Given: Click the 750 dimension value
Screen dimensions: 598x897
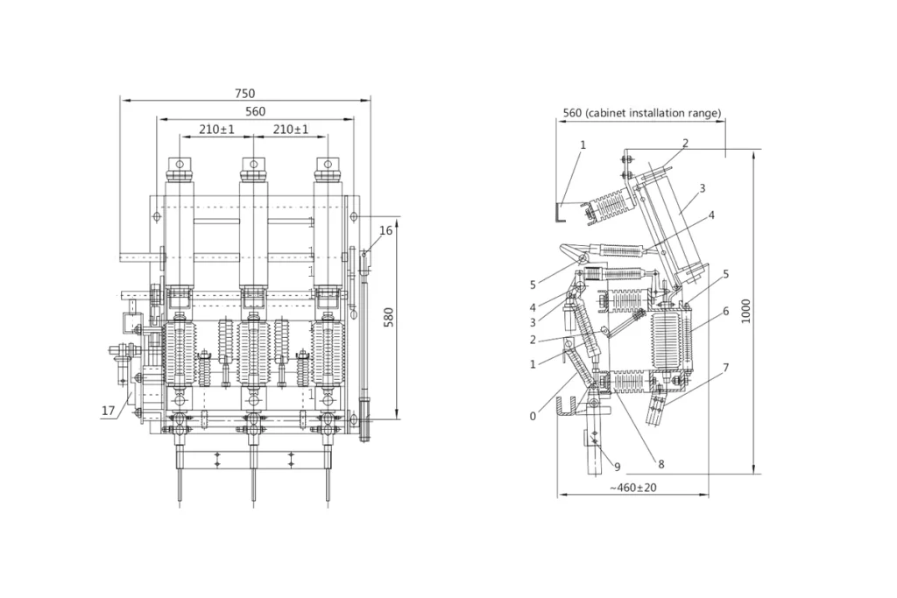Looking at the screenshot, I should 244,94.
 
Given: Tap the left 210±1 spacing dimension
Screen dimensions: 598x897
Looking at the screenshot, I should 216,130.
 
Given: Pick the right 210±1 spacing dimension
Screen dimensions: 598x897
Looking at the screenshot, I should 291,130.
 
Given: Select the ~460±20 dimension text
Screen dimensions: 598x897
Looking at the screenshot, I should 634,488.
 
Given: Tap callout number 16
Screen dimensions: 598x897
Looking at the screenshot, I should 385,230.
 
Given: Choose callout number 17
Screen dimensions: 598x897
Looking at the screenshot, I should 108,410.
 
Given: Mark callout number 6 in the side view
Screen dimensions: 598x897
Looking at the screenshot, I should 725,311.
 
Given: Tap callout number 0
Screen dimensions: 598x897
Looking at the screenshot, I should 533,417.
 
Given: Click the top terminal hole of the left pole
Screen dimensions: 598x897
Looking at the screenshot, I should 179,164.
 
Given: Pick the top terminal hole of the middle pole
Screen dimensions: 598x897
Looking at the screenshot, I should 253,164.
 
